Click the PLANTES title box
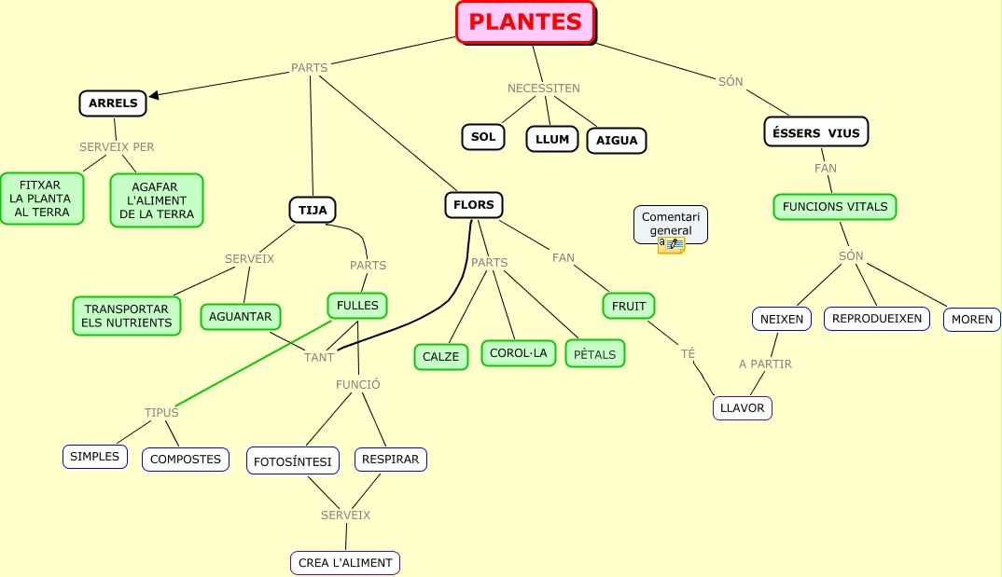click(525, 22)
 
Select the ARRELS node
click(113, 103)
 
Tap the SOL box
click(483, 137)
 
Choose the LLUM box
click(552, 140)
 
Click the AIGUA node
click(617, 141)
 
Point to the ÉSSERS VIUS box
click(816, 132)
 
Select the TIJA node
click(313, 210)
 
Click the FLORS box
click(474, 205)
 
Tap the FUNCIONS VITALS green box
click(835, 207)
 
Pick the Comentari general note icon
click(671, 245)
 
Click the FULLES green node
click(357, 306)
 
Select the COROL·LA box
click(519, 353)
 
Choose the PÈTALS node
click(595, 354)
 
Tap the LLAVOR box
click(743, 408)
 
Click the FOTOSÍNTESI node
click(293, 460)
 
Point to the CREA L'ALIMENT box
click(345, 563)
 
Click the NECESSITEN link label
click(543, 89)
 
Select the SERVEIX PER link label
click(117, 147)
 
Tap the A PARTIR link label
click(765, 364)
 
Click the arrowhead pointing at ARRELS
click(154, 95)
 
